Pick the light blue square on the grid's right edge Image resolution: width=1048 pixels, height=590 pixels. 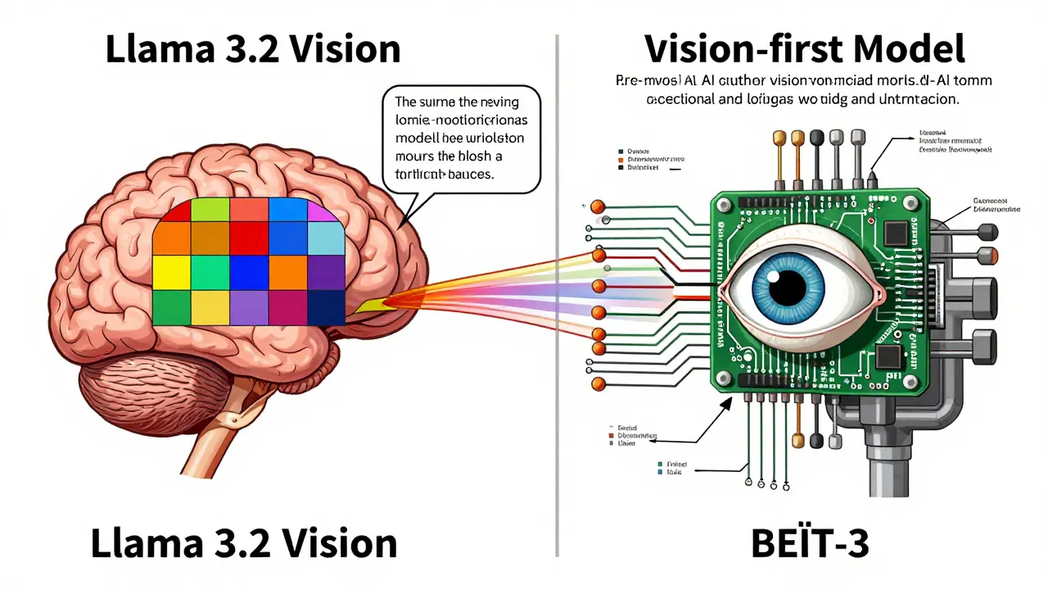pyautogui.click(x=325, y=238)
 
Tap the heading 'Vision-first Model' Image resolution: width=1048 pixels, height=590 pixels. pyautogui.click(x=805, y=49)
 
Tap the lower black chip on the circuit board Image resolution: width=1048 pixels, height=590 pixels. pyautogui.click(x=888, y=356)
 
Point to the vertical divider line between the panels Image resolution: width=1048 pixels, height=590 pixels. pyautogui.click(x=557, y=295)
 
